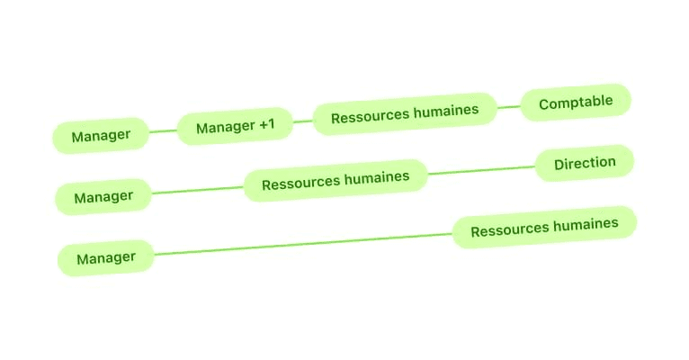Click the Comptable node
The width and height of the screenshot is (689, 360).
pos(576,103)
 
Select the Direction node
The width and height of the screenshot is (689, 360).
pos(585,164)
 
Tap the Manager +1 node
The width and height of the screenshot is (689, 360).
pos(235,127)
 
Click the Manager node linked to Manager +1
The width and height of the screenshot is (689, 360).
pos(101,136)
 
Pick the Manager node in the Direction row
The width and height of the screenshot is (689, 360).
pos(103,197)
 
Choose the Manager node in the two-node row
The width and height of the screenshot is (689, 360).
pos(106,258)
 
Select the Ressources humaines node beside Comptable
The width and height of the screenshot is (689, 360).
pos(405,114)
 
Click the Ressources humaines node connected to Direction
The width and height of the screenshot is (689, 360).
pos(336,181)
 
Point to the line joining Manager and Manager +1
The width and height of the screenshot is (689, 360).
pos(163,131)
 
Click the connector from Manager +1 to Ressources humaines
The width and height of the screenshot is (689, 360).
pos(303,121)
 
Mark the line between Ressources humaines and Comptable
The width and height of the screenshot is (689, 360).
pos(509,108)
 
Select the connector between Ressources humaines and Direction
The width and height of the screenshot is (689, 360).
pos(481,170)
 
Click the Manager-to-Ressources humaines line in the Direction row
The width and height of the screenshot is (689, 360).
pos(198,190)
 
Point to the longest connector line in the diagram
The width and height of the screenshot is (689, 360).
pos(303,242)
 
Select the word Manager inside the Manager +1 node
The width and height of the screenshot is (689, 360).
pos(224,128)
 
